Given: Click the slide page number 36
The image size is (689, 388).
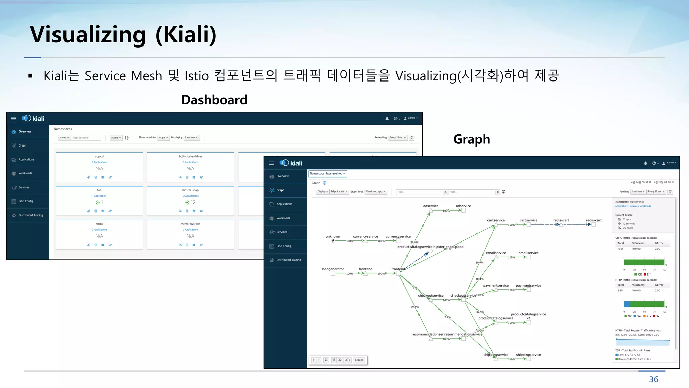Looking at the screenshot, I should (x=653, y=379).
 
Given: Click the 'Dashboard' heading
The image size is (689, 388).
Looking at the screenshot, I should (x=214, y=100).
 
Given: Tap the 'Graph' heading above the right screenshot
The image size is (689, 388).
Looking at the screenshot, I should (x=471, y=139).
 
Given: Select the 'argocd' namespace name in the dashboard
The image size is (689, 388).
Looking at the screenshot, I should (x=99, y=156).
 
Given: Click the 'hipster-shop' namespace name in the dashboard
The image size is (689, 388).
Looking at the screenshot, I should (x=190, y=190).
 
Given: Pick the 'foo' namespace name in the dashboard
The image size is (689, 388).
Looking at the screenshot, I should (x=99, y=190).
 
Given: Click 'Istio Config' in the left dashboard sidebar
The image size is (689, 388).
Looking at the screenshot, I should (x=26, y=201).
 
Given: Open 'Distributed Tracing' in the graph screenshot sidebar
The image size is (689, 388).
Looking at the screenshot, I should (x=288, y=260).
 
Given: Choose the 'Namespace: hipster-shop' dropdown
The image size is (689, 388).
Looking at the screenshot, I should (x=327, y=174).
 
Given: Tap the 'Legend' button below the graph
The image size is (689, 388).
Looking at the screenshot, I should (x=359, y=360).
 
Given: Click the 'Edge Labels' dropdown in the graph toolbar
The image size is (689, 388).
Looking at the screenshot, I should (x=339, y=192).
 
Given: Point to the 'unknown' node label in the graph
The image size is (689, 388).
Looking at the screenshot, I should (x=333, y=236).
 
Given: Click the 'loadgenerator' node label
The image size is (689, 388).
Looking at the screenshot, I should (x=333, y=269).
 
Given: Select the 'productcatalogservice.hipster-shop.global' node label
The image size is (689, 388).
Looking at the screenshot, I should (x=430, y=247).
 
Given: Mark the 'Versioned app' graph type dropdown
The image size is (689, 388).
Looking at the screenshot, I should (x=375, y=192).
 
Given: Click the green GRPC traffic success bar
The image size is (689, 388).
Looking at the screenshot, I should (x=644, y=262).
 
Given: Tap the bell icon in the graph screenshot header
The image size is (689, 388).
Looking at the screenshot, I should (x=645, y=163).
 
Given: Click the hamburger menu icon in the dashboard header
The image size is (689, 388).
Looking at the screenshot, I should (x=13, y=119).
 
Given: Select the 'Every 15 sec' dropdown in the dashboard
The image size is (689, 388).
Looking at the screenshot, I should (x=398, y=138).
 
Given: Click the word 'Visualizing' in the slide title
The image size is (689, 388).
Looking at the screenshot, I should (x=88, y=35).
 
